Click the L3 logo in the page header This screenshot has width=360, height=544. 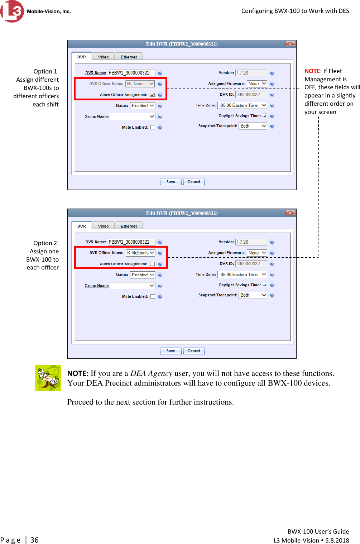tap(12, 11)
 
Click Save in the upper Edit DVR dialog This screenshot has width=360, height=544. tap(171, 182)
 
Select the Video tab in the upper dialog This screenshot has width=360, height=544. tap(103, 57)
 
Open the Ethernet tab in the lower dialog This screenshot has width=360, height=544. tap(129, 226)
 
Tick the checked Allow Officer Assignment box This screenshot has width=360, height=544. tap(153, 95)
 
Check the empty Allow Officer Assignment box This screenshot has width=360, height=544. tap(153, 264)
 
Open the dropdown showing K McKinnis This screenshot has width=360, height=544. tap(140, 253)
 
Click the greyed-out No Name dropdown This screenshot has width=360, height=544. tap(140, 84)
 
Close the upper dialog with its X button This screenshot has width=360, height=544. tap(290, 44)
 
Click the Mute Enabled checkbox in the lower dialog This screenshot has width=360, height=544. tap(153, 296)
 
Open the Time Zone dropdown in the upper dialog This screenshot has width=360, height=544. tap(243, 105)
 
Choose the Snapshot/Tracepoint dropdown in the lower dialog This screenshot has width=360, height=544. tap(253, 295)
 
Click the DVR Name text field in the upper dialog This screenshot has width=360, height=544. tap(131, 73)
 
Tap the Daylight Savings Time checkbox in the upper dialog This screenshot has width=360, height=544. tap(265, 116)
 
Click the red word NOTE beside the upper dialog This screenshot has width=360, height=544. tap(312, 71)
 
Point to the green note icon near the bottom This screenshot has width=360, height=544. tap(48, 378)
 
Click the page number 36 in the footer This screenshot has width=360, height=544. tap(34, 540)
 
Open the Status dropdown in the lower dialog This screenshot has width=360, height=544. tap(143, 275)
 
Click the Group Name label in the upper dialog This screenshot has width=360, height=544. tap(96, 116)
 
